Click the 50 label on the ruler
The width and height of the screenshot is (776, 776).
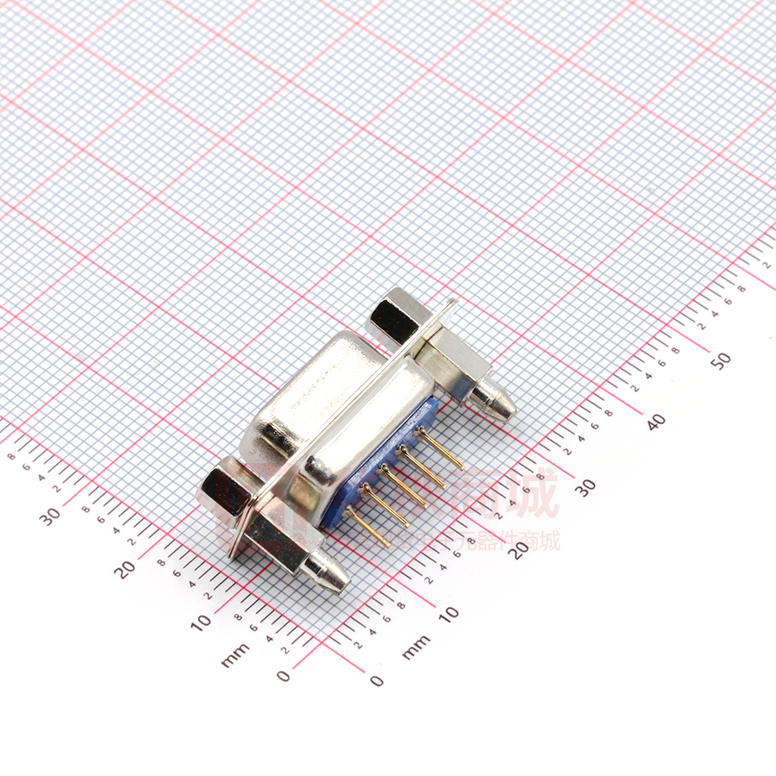(x=723, y=360)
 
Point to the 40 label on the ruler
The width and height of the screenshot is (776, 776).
(x=656, y=422)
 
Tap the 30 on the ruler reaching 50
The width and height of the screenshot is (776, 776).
(x=585, y=486)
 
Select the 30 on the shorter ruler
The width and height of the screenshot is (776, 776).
(x=50, y=516)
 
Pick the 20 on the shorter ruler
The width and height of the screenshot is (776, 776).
(x=126, y=569)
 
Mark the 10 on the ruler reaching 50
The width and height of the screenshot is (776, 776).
(x=448, y=614)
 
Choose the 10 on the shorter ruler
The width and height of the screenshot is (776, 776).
(x=201, y=622)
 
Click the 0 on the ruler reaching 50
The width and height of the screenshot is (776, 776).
(x=377, y=680)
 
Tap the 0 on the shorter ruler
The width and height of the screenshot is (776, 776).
(x=284, y=676)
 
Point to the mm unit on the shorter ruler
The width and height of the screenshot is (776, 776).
(x=235, y=654)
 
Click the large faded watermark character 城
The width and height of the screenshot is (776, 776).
(x=530, y=493)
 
